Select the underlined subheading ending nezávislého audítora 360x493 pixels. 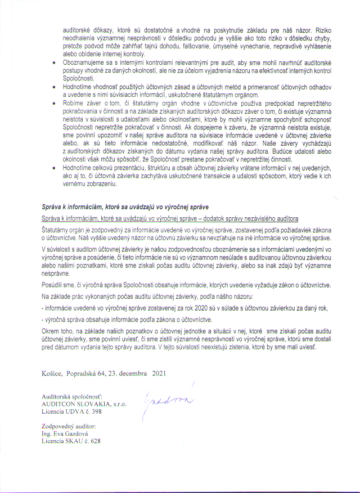[169, 217]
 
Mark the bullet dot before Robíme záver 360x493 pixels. [52, 104]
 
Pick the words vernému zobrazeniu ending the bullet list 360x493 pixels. [90, 184]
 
